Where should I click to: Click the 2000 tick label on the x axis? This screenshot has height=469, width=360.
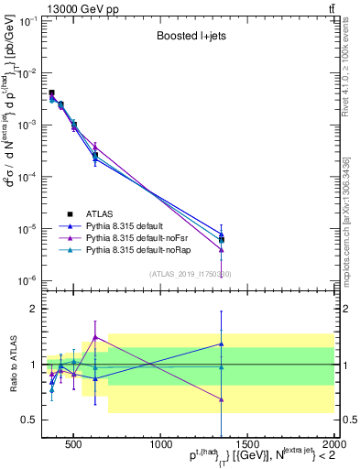tap(333, 442)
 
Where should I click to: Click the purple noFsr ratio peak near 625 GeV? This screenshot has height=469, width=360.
tap(95, 337)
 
